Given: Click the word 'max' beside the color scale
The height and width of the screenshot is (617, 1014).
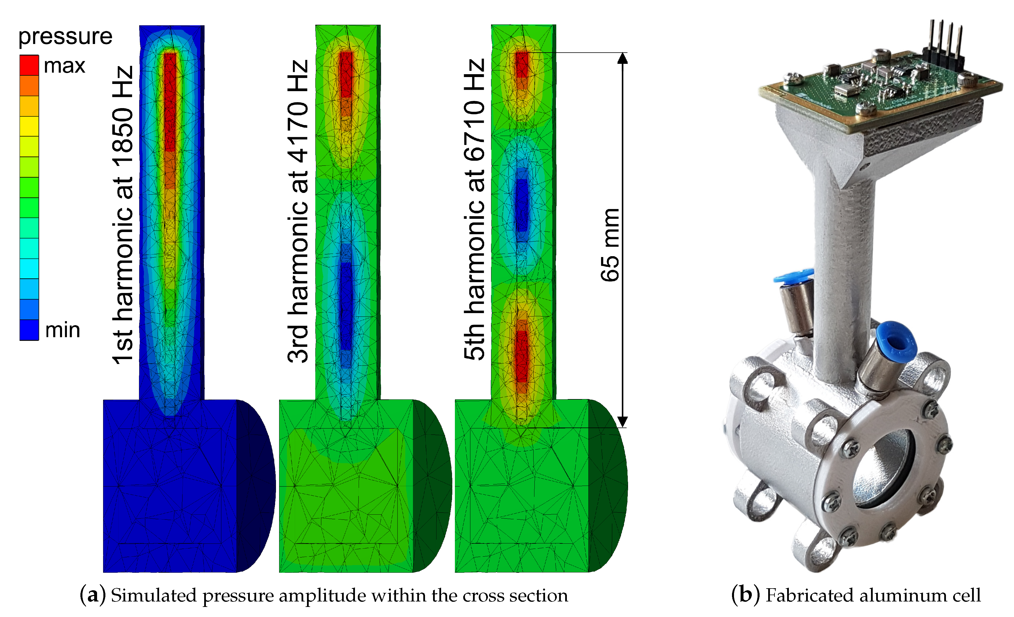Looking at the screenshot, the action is point(65,66).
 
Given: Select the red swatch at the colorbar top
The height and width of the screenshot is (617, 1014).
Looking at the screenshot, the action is point(29,65).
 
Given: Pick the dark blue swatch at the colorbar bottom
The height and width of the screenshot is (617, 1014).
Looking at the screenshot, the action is point(29,330).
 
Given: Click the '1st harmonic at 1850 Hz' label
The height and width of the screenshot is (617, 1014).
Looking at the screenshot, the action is point(123,214).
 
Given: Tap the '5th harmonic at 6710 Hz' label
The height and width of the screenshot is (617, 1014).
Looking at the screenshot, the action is point(474,209).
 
